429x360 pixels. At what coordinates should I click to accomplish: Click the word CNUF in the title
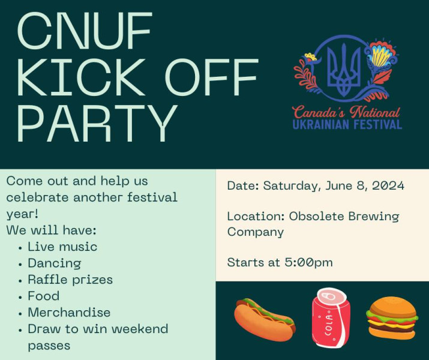[84, 31]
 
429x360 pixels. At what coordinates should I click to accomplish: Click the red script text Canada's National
[346, 112]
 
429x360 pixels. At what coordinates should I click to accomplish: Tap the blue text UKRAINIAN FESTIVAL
[347, 124]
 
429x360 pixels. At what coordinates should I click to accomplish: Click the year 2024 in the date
[388, 186]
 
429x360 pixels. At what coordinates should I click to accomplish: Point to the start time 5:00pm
[308, 263]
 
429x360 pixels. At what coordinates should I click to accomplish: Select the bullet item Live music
[62, 247]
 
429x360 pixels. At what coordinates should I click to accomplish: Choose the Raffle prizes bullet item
[70, 280]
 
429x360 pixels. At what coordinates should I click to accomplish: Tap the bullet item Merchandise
[69, 313]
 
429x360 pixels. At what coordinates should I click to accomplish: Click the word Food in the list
[44, 296]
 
